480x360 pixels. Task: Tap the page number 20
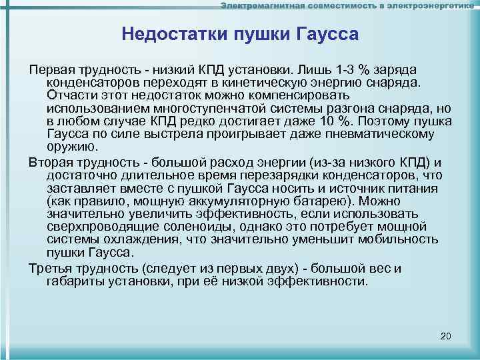pyautogui.click(x=447, y=335)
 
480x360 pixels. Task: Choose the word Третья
pyautogui.click(x=49, y=268)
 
